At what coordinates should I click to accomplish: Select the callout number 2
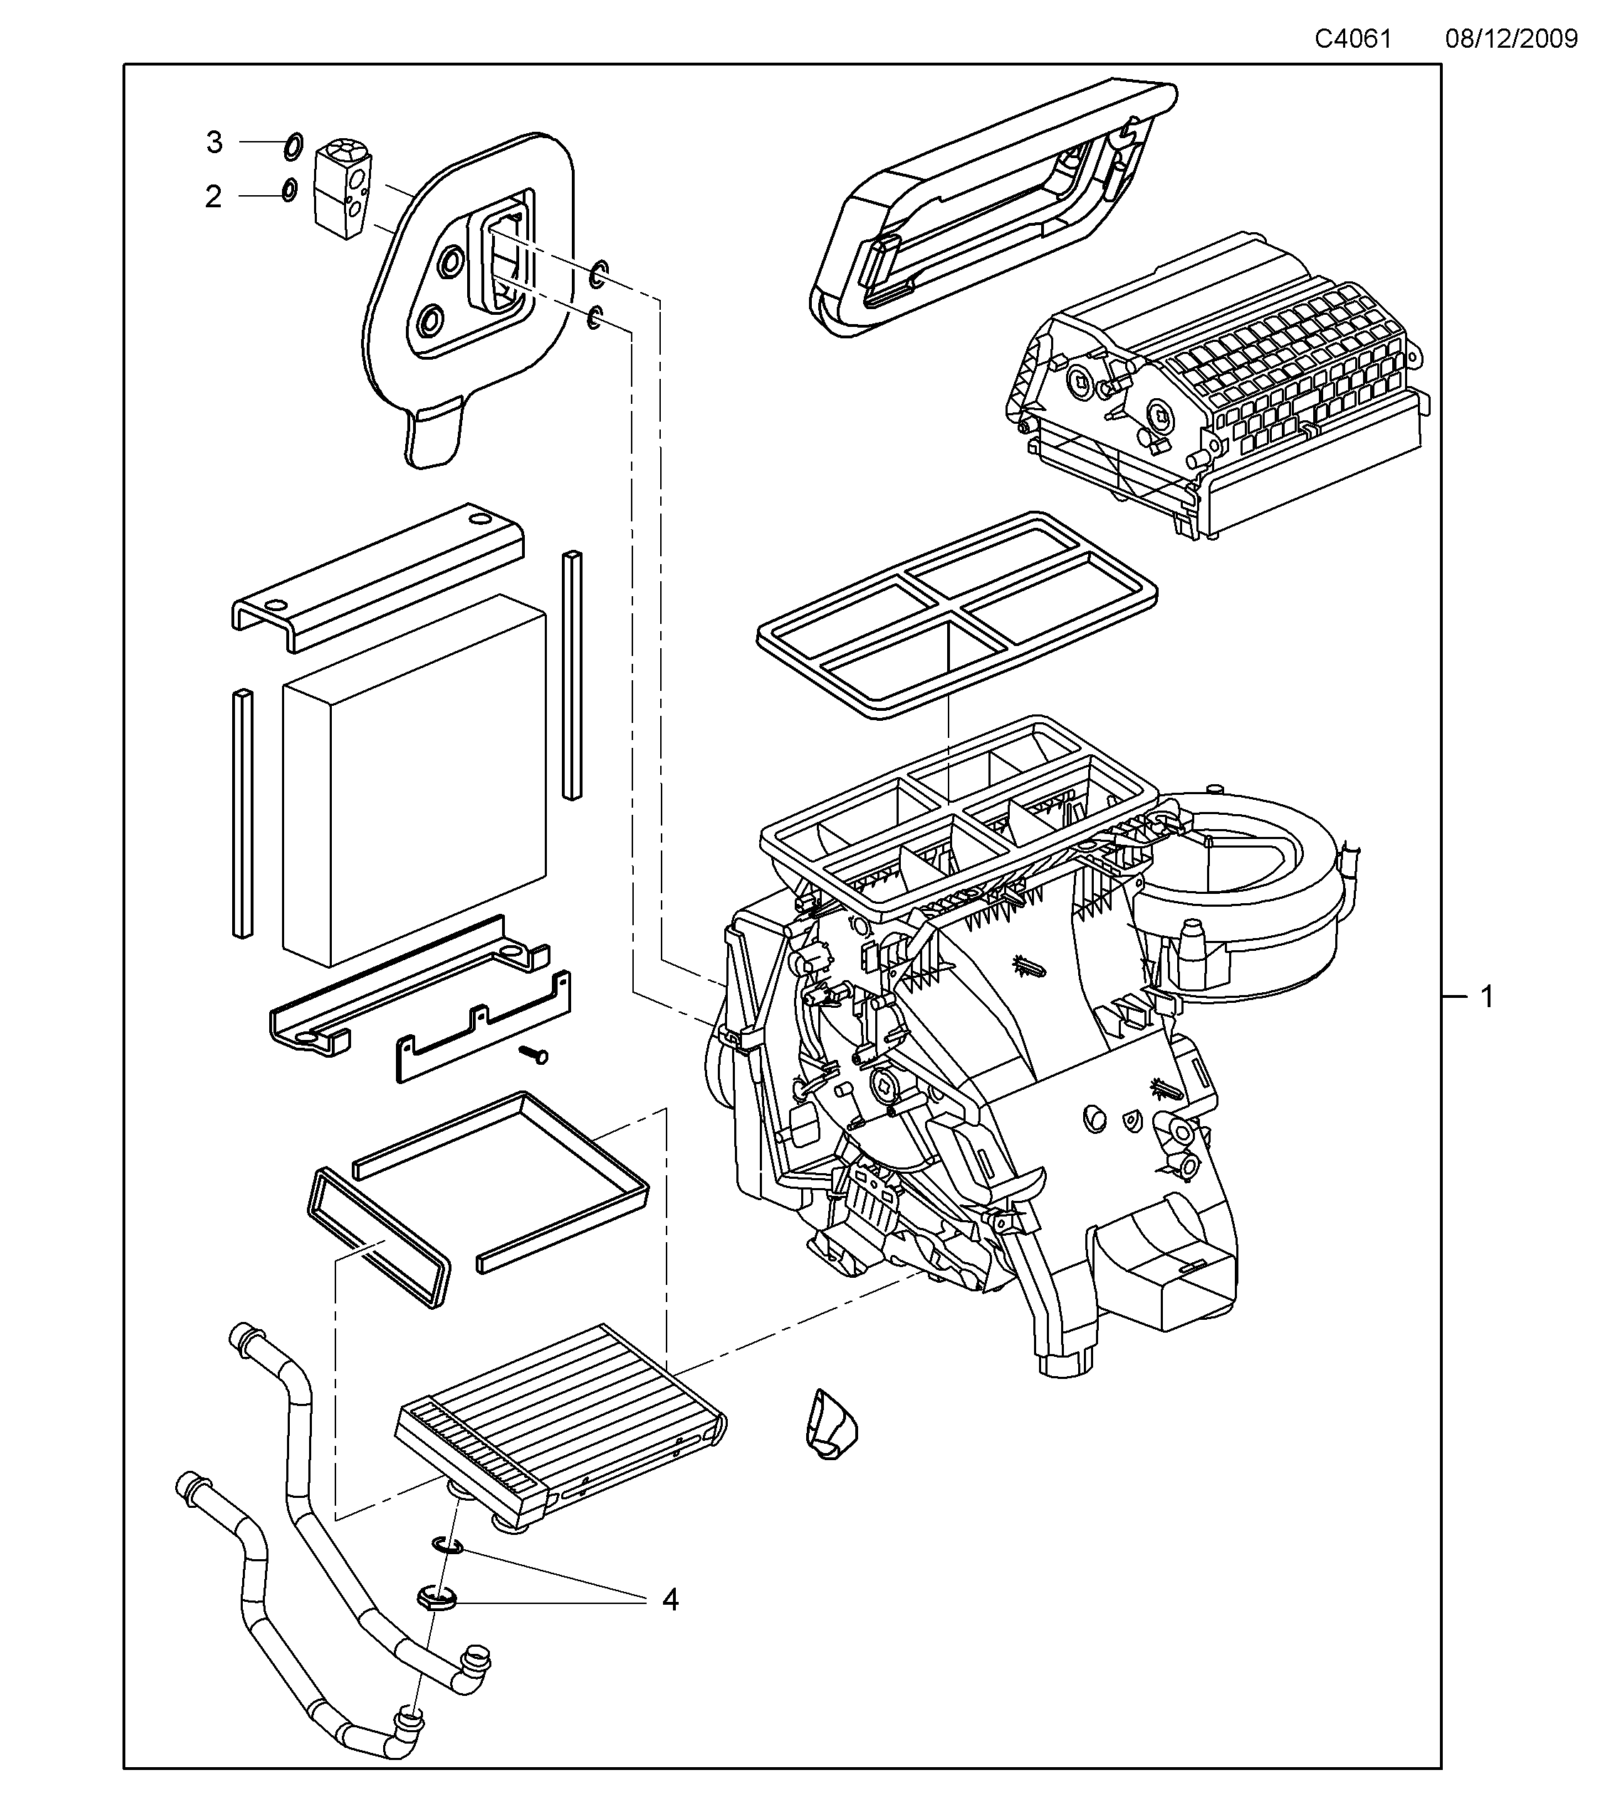click(213, 197)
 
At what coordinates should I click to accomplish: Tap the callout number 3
click(214, 142)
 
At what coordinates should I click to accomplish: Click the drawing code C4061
click(1352, 39)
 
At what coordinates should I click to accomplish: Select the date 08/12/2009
click(1510, 39)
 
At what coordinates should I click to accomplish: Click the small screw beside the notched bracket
click(536, 1054)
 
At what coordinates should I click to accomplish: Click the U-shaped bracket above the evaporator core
click(377, 578)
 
